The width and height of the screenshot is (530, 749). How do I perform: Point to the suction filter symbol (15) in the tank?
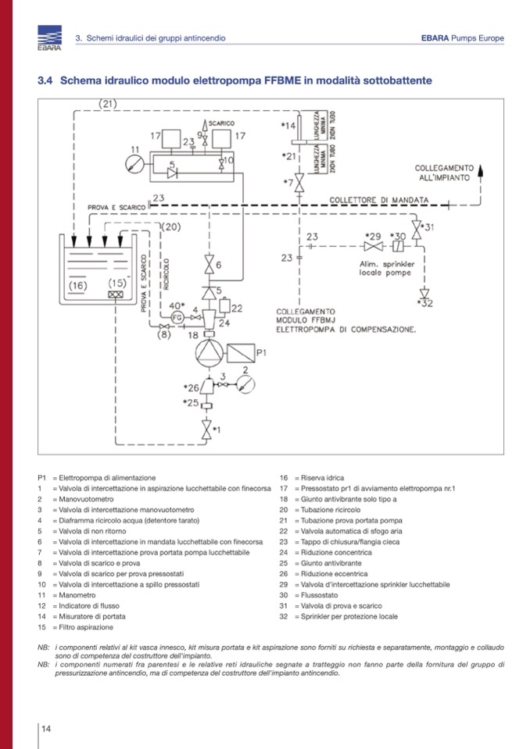[116, 296]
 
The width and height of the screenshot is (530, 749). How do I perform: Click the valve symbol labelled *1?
[207, 429]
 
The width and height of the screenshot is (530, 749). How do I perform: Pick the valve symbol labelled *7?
[298, 185]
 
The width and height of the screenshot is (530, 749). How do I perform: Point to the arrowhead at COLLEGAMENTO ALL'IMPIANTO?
[480, 169]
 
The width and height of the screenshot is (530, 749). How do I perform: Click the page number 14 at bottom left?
[46, 729]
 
